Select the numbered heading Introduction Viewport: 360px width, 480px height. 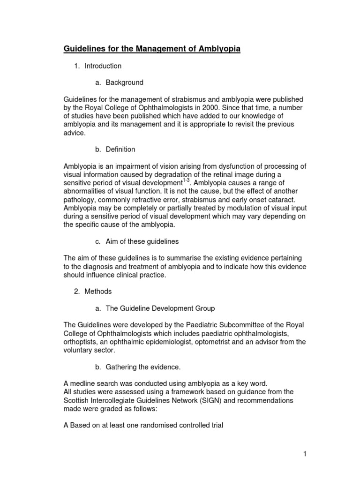(103, 66)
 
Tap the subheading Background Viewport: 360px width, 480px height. (124, 82)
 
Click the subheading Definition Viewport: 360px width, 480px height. (120, 150)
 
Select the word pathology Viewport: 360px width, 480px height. (78, 199)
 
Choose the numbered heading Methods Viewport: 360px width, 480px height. (98, 291)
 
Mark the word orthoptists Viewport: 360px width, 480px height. (79, 342)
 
